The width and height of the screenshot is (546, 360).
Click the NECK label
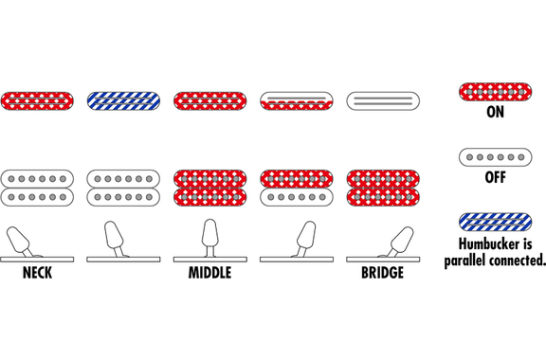pos(37,273)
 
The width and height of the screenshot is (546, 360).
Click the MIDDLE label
pos(210,273)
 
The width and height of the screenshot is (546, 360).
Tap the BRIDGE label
pos(382,273)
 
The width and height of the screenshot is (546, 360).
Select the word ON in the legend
pos(495,112)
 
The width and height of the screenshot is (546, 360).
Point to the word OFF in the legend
pos(495,177)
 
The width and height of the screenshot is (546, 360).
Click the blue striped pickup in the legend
pos(495,222)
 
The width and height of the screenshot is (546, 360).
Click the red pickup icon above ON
pos(495,92)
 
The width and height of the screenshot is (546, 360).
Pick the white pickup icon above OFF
pos(495,157)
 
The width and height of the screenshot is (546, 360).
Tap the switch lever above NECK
pos(20,242)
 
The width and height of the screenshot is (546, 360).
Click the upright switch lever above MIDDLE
pos(210,237)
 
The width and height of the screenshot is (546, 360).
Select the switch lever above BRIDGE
pos(400,242)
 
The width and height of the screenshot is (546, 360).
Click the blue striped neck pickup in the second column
pos(123,101)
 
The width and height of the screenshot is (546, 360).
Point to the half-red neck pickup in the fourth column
pos(297,101)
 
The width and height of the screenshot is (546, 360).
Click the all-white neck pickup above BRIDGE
pos(383,101)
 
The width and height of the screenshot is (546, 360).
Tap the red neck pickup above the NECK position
pos(37,101)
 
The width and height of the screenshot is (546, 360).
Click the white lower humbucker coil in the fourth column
pos(297,197)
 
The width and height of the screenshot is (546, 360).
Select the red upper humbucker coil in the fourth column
pos(297,179)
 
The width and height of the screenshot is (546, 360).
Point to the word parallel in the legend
pos(467,261)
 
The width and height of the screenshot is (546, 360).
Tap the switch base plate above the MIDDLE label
pos(210,260)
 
